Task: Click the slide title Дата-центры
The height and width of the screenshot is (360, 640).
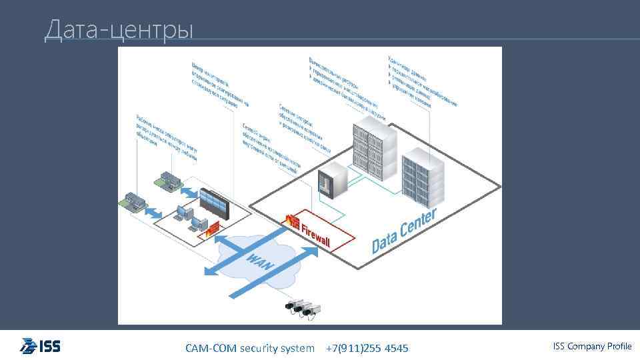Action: (x=119, y=29)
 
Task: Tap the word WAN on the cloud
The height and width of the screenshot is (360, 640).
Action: (x=260, y=261)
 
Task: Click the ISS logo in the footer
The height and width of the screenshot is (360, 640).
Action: (x=40, y=347)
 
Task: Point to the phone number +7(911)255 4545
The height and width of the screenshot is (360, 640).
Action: (x=367, y=348)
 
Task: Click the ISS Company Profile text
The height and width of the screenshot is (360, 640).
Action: (x=592, y=346)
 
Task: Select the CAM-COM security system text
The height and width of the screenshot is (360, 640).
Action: (x=249, y=348)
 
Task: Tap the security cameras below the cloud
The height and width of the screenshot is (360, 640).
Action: (x=303, y=308)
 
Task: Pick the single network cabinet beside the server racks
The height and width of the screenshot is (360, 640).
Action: (x=333, y=179)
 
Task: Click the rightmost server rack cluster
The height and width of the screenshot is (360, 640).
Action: (x=423, y=177)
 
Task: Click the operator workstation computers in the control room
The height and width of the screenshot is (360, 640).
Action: (x=186, y=217)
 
